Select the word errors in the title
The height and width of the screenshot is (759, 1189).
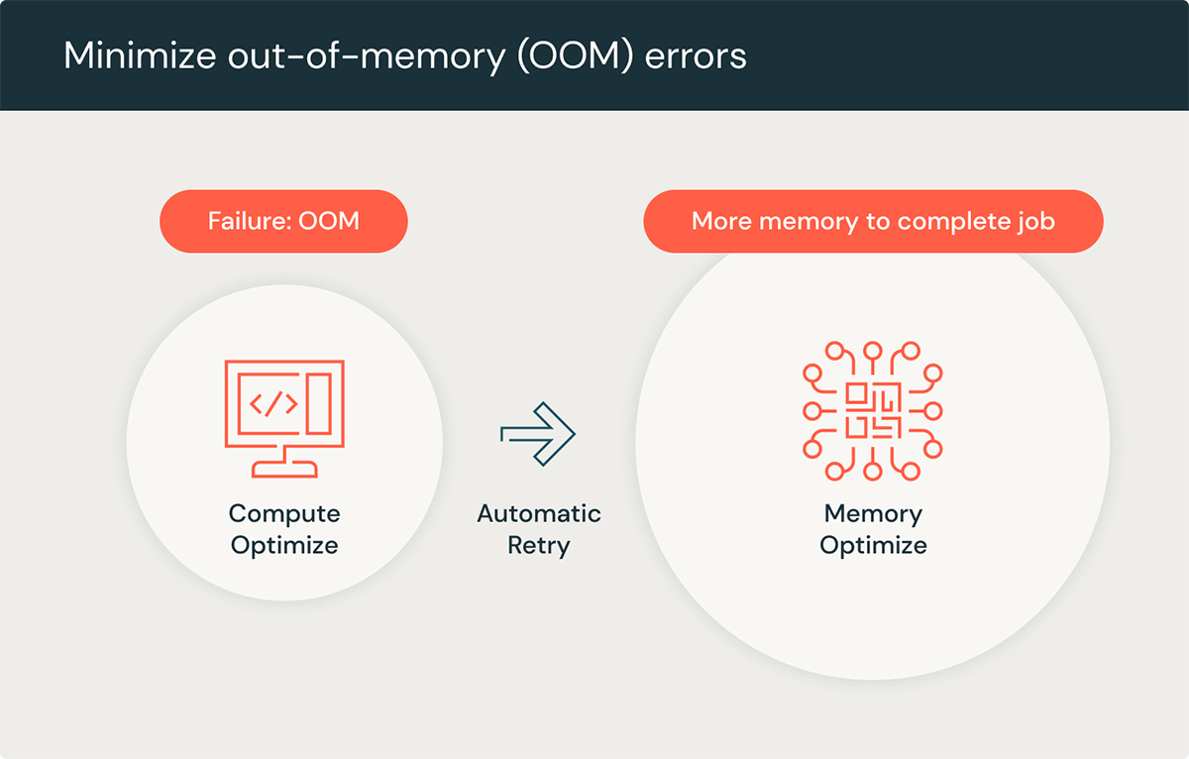click(x=696, y=55)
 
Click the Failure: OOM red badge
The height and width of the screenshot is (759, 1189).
click(x=283, y=220)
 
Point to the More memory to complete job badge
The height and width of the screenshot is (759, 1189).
click(x=873, y=220)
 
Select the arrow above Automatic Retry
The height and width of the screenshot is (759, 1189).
click(x=538, y=434)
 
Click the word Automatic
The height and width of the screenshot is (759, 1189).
click(x=539, y=513)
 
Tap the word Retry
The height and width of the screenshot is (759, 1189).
click(x=539, y=545)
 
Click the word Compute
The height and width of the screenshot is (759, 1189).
click(x=284, y=513)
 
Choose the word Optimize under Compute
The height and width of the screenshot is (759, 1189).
click(x=284, y=545)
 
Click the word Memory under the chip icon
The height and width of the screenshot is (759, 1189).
click(x=873, y=513)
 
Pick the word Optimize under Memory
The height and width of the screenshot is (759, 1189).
click(x=873, y=545)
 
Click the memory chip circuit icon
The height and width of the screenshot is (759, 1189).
click(x=872, y=411)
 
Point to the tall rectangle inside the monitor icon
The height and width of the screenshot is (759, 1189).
click(x=318, y=402)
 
